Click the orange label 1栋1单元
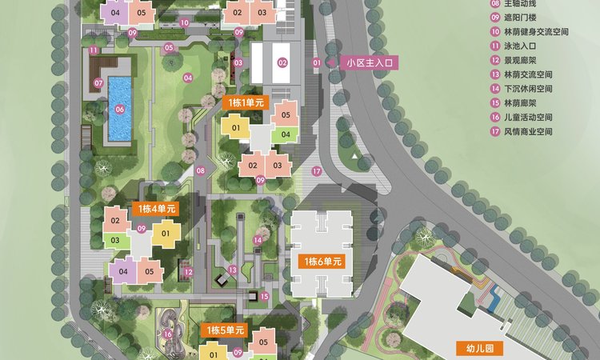242,102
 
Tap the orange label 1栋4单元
157,209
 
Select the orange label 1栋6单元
322,262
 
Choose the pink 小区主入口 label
369,62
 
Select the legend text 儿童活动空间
534,117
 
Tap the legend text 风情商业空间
534,131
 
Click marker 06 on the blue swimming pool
119,110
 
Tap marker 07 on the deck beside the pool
99,82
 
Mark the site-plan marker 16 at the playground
167,334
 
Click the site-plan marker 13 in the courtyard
232,270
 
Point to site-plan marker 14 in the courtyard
258,240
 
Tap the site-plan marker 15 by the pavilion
264,296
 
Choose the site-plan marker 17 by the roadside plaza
317,171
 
